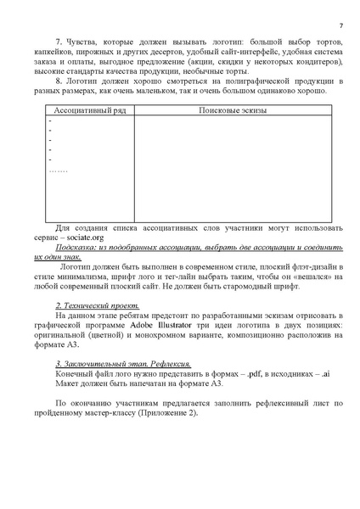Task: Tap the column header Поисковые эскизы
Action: (x=244, y=111)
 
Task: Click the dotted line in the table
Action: (x=59, y=170)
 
